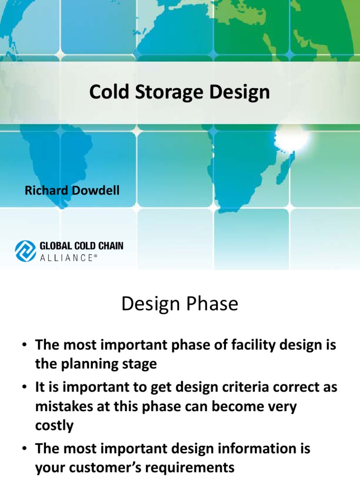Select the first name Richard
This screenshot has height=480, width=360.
click(x=44, y=190)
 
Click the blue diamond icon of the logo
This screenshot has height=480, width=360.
click(x=26, y=250)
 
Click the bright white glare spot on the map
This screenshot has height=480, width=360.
click(x=290, y=136)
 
